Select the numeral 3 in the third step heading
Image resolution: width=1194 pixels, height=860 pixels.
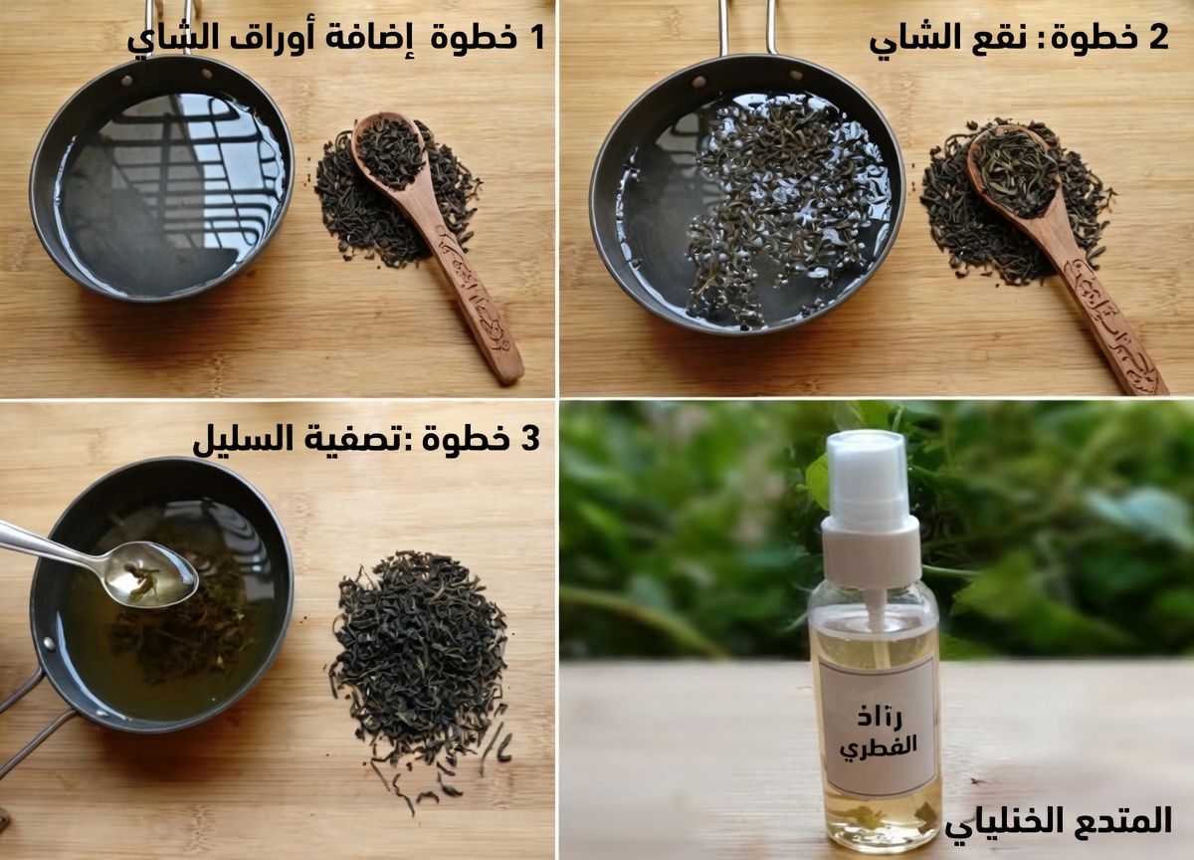pos(529,438)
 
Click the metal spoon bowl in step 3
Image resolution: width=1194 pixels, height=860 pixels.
pos(153,574)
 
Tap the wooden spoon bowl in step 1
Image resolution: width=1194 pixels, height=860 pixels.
pos(390,152)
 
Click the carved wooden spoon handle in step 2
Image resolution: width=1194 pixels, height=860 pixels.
pos(1109,319)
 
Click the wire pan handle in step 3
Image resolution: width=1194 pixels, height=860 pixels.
pos(30,717)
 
